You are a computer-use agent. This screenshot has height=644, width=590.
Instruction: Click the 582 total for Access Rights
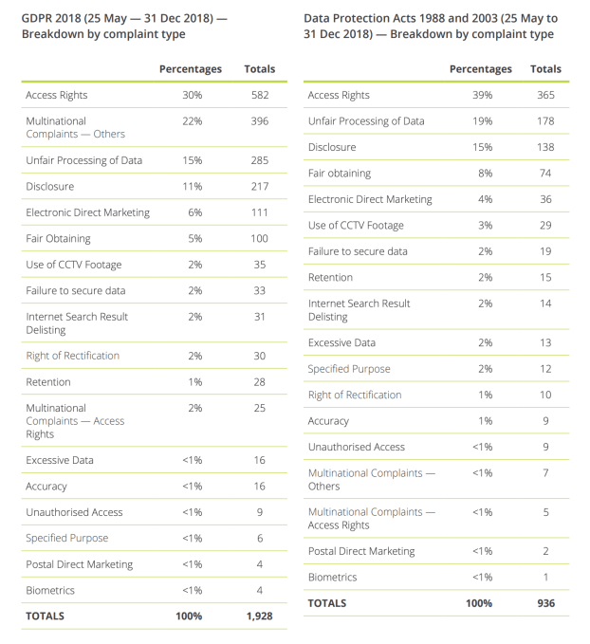tap(260, 95)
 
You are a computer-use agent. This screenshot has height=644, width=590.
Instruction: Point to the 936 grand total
tap(544, 602)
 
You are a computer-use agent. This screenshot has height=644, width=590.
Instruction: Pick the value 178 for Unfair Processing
tap(545, 121)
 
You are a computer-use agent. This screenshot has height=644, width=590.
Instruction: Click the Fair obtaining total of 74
tap(545, 174)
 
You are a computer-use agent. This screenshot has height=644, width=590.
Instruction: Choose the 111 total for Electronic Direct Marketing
tap(260, 212)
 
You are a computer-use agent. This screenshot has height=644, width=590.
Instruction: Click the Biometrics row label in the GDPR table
tap(51, 590)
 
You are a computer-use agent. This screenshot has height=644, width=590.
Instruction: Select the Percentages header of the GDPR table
tap(191, 69)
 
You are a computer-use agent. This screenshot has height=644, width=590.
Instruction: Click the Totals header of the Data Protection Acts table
tap(545, 69)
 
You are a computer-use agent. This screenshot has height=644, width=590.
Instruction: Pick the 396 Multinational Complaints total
tap(260, 121)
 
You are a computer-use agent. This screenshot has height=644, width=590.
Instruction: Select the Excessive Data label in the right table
tap(341, 342)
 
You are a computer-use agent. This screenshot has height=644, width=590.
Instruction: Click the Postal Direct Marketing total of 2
tap(545, 551)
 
